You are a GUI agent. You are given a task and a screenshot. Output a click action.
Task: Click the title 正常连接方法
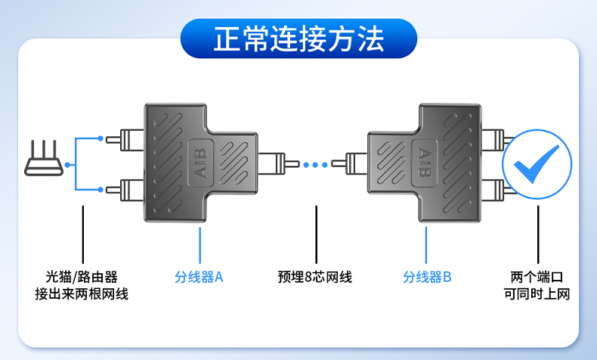click(x=298, y=39)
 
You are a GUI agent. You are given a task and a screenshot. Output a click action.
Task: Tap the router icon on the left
click(x=42, y=161)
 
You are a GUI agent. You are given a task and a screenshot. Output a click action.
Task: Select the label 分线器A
click(x=199, y=277)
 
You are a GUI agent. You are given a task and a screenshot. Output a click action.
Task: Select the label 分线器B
click(x=426, y=277)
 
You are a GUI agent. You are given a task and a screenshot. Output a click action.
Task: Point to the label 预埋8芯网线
click(x=314, y=277)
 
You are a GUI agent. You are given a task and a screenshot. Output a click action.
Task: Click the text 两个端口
click(x=537, y=277)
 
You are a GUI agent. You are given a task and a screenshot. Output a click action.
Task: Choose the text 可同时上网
click(x=537, y=294)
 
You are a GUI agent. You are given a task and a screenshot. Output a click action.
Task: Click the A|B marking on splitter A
click(x=200, y=163)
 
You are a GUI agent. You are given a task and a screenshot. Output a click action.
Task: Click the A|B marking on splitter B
click(x=425, y=163)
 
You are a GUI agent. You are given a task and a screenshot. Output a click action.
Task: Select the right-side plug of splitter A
click(x=273, y=163)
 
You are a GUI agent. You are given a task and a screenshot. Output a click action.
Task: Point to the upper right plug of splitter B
click(x=495, y=139)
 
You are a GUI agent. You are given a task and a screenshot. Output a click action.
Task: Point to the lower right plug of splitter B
click(x=495, y=187)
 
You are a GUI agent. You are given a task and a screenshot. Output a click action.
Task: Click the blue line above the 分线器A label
click(x=200, y=242)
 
